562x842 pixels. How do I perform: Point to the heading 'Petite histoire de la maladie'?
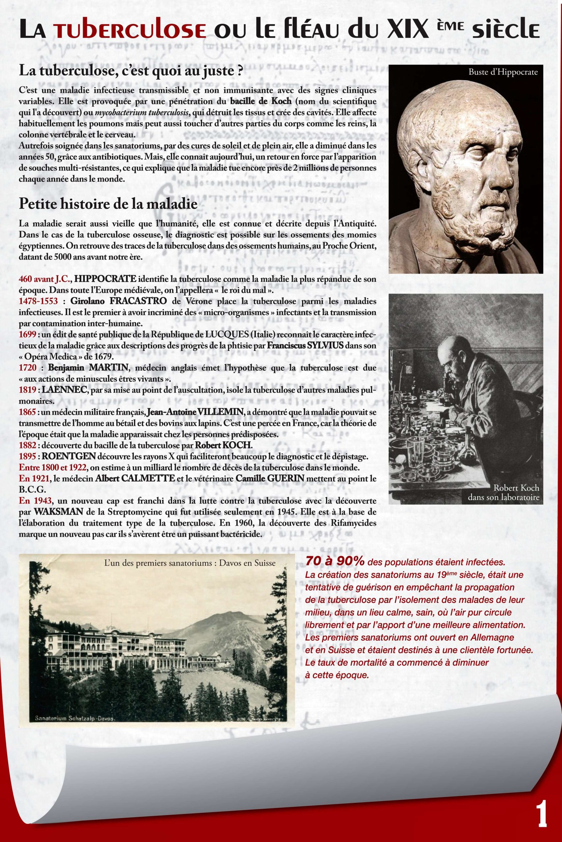[108, 204]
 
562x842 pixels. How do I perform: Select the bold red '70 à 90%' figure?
[335, 562]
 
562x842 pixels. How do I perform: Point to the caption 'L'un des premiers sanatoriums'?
[189, 563]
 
